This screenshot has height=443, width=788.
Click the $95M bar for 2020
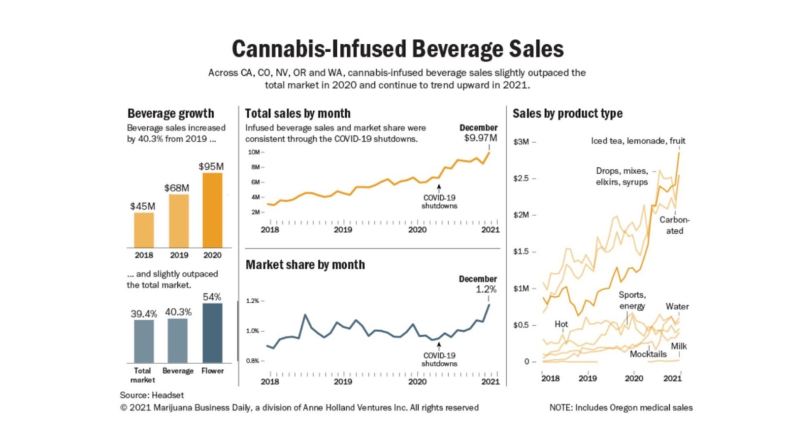tap(212, 210)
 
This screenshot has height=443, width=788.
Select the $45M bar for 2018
tap(144, 230)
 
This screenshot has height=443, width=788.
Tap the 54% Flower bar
tap(212, 333)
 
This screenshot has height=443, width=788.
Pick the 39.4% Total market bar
tap(144, 341)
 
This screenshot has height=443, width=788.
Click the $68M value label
tap(177, 188)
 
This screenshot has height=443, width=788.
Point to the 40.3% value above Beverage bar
tap(178, 312)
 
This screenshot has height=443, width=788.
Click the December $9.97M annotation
tap(479, 133)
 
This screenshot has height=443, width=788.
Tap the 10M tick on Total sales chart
tap(254, 152)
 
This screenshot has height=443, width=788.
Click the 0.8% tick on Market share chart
tap(253, 361)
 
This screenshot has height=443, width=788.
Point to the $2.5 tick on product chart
tap(521, 178)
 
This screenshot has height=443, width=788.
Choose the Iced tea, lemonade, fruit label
tap(638, 141)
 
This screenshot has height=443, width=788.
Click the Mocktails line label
tap(648, 354)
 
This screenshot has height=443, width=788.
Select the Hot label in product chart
tap(561, 324)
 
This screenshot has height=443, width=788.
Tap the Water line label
tap(677, 306)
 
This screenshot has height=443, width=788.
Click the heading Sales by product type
tap(567, 114)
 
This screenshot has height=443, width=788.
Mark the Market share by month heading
tap(305, 265)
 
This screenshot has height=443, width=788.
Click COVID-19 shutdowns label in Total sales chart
tap(439, 202)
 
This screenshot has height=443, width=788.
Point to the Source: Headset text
tap(152, 395)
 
